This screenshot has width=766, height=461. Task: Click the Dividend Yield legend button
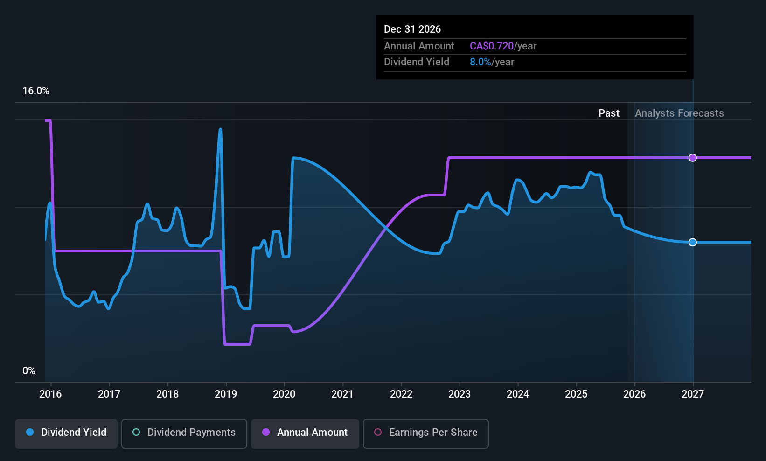[66, 433]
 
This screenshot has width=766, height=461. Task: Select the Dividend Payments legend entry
[184, 433]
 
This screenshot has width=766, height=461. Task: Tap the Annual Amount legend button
[305, 433]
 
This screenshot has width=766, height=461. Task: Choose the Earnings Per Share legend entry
[425, 433]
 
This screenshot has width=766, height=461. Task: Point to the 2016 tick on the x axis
[50, 394]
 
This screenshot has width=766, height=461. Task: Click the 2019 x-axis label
[226, 394]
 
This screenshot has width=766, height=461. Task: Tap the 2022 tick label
[401, 394]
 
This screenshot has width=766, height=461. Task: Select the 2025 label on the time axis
[576, 394]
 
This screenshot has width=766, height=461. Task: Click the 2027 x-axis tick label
[693, 394]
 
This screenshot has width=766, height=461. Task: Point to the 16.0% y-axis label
[36, 91]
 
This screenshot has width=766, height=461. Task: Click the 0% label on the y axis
[29, 371]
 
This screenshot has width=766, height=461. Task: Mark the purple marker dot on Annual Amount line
[693, 158]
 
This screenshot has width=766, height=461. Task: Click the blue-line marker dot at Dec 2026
[693, 242]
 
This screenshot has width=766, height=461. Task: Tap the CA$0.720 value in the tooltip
[492, 46]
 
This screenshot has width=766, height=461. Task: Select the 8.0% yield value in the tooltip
[480, 62]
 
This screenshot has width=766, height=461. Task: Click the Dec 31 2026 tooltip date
[412, 29]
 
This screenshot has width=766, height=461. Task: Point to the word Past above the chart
[609, 113]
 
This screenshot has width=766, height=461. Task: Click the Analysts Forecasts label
[679, 113]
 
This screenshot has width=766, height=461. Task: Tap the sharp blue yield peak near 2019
[220, 130]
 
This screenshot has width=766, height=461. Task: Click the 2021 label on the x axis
[342, 394]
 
